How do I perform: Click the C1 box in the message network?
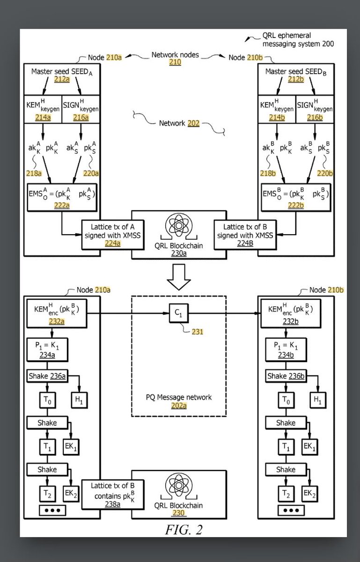179,313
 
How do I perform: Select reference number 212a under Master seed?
62,79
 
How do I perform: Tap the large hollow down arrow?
179,277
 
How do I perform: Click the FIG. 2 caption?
184,530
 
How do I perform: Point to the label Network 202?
179,123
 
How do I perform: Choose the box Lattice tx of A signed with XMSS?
113,235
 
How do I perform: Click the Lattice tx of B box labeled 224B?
245,235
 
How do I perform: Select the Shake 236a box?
47,376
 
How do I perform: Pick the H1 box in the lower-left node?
79,400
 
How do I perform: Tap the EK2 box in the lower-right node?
309,494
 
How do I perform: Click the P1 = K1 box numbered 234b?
286,349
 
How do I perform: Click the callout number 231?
198,332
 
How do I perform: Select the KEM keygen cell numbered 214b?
277,109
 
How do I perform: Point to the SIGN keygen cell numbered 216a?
81,109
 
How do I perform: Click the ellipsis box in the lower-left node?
52,510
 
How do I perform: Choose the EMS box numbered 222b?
296,198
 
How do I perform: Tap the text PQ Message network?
179,397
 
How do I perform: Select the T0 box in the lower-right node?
286,400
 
